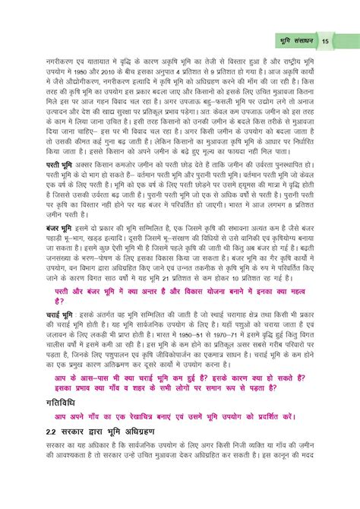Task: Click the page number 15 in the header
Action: (324, 40)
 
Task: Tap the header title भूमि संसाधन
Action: (292, 40)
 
